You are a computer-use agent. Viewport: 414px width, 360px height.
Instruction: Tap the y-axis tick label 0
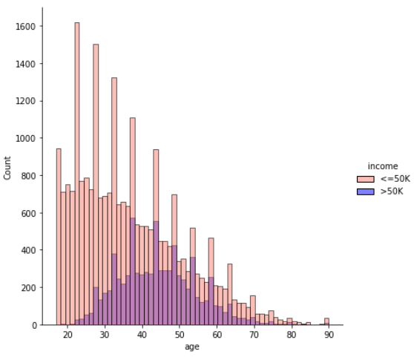pos(35,325)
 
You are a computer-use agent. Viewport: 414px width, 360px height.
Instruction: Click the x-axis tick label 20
pos(68,336)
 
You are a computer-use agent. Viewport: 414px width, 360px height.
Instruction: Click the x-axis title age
pos(192,347)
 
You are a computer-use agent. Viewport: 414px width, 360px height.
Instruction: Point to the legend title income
pos(384,166)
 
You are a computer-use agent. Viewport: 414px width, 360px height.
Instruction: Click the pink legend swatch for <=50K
pos(366,179)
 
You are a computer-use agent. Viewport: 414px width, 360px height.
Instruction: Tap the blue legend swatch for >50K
pos(366,191)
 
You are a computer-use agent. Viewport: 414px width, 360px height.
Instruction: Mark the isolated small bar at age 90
pos(326,321)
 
